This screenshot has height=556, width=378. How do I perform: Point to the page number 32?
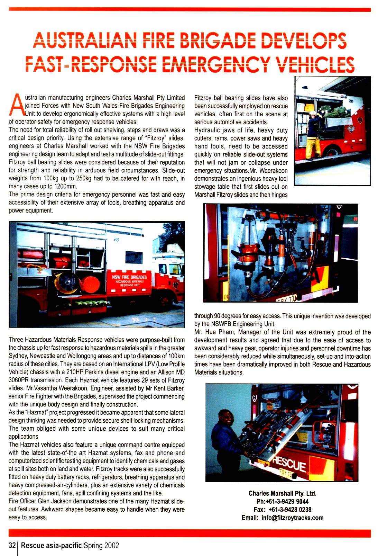pyautogui.click(x=12, y=546)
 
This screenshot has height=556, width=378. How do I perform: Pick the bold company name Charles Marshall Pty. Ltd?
pyautogui.click(x=282, y=493)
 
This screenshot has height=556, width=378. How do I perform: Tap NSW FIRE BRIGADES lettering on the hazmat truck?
pyautogui.click(x=129, y=277)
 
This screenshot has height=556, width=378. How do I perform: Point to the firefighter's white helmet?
pyautogui.click(x=313, y=113)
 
